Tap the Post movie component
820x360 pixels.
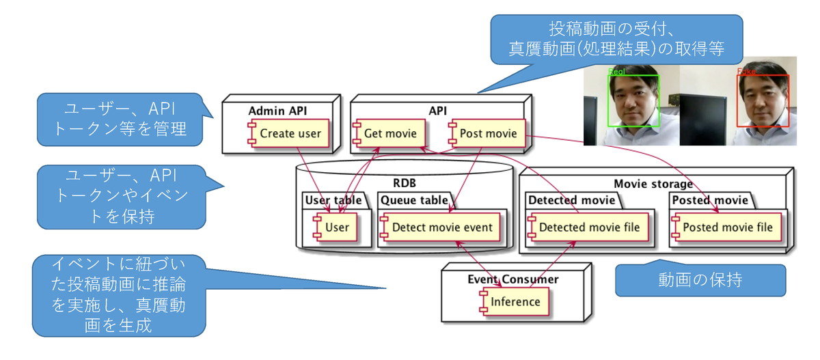coord(482,134)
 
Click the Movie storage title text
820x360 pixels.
coord(653,183)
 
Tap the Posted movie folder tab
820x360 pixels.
coord(710,201)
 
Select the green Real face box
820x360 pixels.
coord(633,100)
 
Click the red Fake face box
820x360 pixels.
coord(763,100)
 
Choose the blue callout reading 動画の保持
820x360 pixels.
coord(700,280)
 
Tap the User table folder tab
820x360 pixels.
coord(332,201)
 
